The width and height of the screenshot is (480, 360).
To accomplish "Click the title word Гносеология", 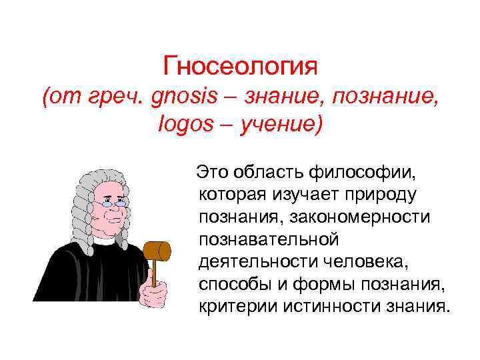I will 240,67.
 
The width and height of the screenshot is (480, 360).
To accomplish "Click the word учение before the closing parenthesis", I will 276,125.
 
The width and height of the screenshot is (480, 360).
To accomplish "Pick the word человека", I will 350,262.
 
